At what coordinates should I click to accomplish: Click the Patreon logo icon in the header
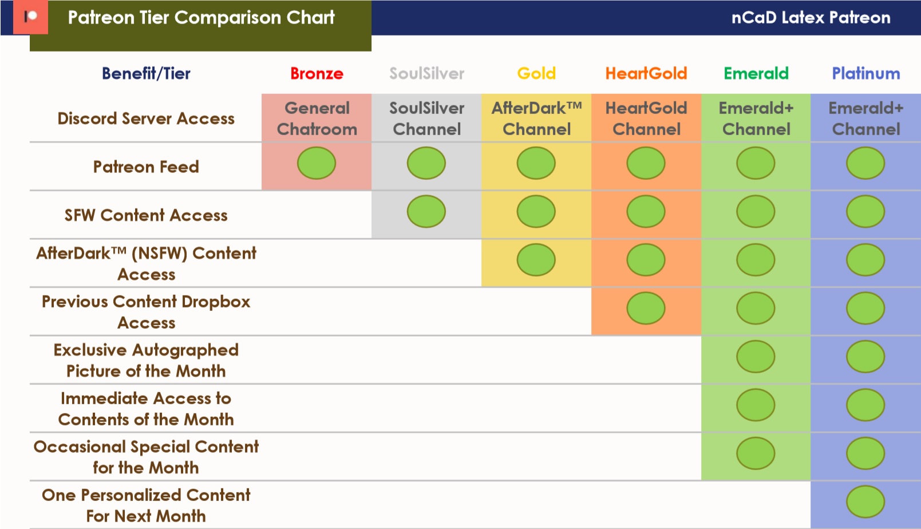pyautogui.click(x=31, y=17)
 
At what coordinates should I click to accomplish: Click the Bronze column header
pyautogui.click(x=317, y=74)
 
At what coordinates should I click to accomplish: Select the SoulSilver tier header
pyautogui.click(x=426, y=74)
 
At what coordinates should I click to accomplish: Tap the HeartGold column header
pyautogui.click(x=646, y=74)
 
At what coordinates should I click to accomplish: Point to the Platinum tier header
pyautogui.click(x=866, y=74)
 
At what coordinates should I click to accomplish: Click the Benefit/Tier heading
pyautogui.click(x=146, y=74)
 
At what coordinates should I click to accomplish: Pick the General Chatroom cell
pyautogui.click(x=317, y=119)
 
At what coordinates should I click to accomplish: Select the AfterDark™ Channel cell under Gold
pyautogui.click(x=536, y=119)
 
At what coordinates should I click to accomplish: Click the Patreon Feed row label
pyautogui.click(x=146, y=167)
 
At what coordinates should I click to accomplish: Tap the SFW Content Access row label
pyautogui.click(x=146, y=215)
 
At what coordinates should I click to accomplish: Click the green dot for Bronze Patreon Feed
pyautogui.click(x=317, y=163)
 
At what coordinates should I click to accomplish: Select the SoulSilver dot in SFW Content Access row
pyautogui.click(x=426, y=211)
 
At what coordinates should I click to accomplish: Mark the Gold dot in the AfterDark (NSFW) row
pyautogui.click(x=536, y=260)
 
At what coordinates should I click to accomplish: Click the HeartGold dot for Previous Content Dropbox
pyautogui.click(x=646, y=308)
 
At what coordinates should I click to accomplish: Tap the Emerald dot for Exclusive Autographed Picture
pyautogui.click(x=756, y=357)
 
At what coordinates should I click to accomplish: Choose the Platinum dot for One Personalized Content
pyautogui.click(x=865, y=502)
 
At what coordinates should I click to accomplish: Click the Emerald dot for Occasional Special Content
pyautogui.click(x=756, y=453)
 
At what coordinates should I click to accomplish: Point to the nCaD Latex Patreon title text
pyautogui.click(x=811, y=18)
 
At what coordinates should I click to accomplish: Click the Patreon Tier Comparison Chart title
pyautogui.click(x=201, y=18)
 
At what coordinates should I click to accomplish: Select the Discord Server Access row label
pyautogui.click(x=146, y=119)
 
